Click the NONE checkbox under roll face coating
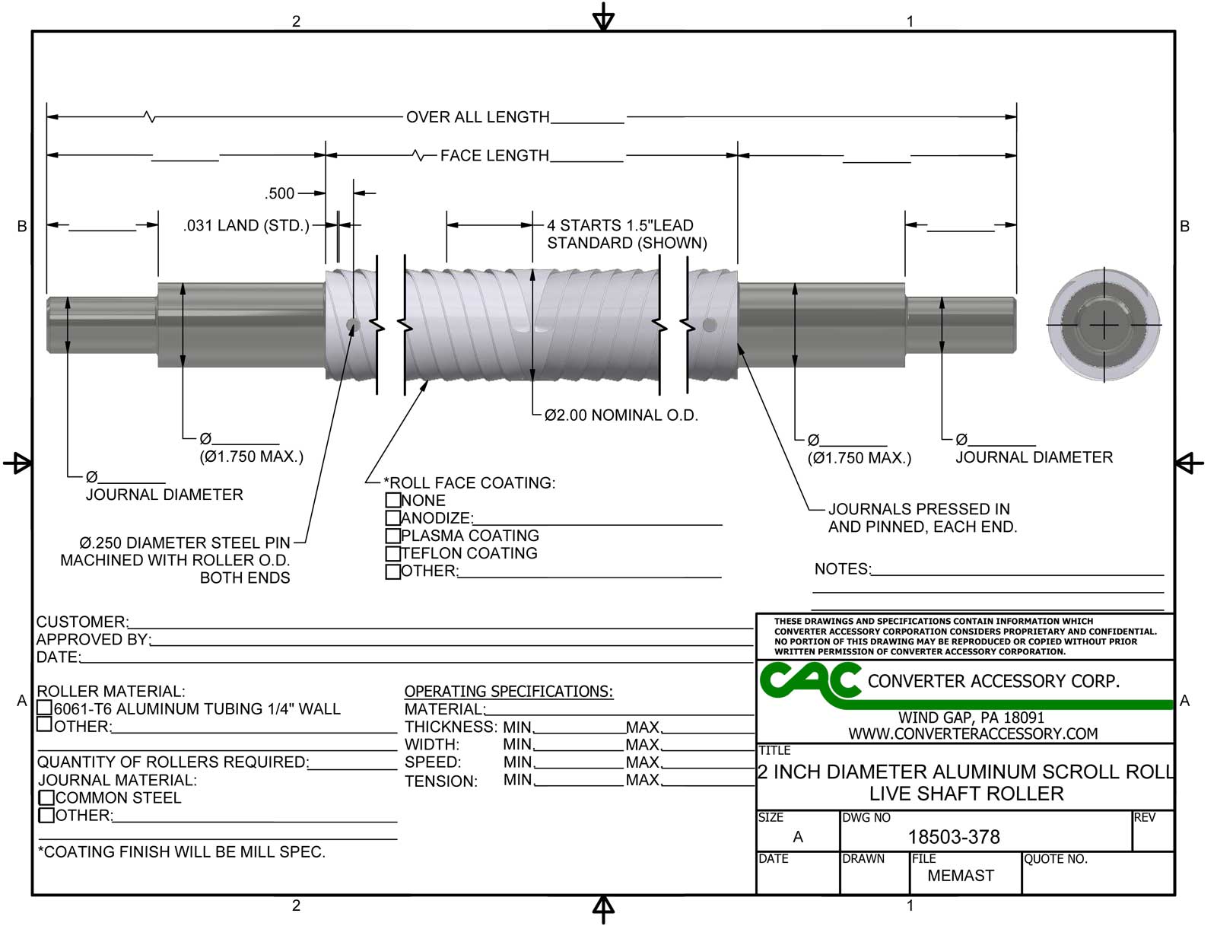point(392,501)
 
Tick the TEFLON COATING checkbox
point(392,554)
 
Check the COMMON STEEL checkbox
point(46,798)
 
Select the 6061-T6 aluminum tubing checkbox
point(45,708)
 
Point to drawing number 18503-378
point(953,837)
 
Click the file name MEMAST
point(960,876)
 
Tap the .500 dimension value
point(280,194)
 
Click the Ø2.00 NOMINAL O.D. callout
point(621,415)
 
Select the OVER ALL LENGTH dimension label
point(477,117)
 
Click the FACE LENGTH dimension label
point(494,156)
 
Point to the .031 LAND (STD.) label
point(246,226)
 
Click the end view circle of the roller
point(1104,326)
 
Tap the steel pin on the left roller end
point(353,326)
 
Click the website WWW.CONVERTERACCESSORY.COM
point(973,734)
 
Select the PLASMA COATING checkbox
point(392,536)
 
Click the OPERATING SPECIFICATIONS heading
point(508,692)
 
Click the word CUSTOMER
point(81,622)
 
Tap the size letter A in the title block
point(797,837)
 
